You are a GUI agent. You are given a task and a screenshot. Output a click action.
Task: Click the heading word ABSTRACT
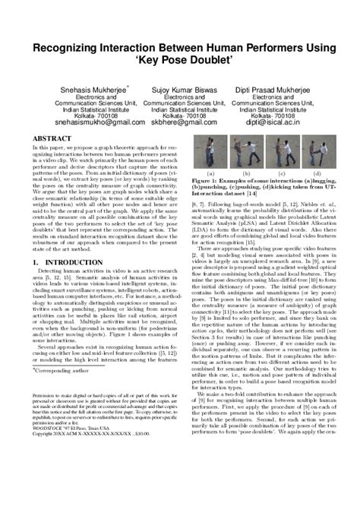tap(52, 138)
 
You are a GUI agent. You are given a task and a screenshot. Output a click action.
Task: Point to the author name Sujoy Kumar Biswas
tap(179, 89)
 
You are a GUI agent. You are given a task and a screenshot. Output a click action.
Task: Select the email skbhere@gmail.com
tap(179, 120)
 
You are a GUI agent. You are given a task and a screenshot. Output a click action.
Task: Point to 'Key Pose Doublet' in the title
tap(179, 62)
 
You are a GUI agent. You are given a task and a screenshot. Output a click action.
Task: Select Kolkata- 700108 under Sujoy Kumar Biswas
tap(179, 112)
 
